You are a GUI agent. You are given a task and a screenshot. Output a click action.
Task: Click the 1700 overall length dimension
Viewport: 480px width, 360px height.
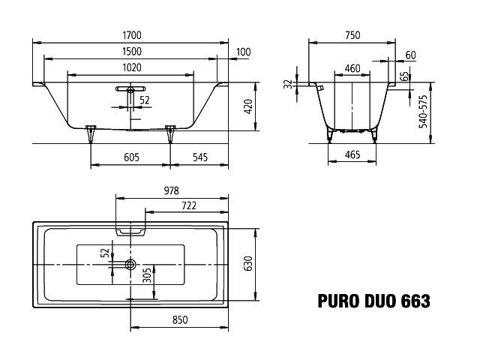(132, 35)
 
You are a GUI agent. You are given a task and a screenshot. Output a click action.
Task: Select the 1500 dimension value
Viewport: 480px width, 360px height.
(132, 52)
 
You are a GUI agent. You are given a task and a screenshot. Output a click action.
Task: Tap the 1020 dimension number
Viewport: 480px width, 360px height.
(132, 67)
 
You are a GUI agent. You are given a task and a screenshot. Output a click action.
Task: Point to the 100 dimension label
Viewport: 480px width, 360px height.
(244, 52)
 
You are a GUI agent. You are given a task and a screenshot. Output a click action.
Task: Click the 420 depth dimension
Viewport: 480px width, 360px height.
(248, 106)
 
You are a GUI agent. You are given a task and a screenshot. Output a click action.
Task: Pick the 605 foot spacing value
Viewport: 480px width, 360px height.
(132, 157)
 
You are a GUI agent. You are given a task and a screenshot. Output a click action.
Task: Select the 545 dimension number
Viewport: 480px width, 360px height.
(200, 157)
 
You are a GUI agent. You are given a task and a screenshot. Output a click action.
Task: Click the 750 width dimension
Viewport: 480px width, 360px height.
(352, 35)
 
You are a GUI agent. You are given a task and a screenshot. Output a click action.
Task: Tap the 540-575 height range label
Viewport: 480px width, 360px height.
(423, 112)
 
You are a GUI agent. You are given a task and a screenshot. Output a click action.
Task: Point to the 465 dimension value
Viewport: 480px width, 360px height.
(352, 154)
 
